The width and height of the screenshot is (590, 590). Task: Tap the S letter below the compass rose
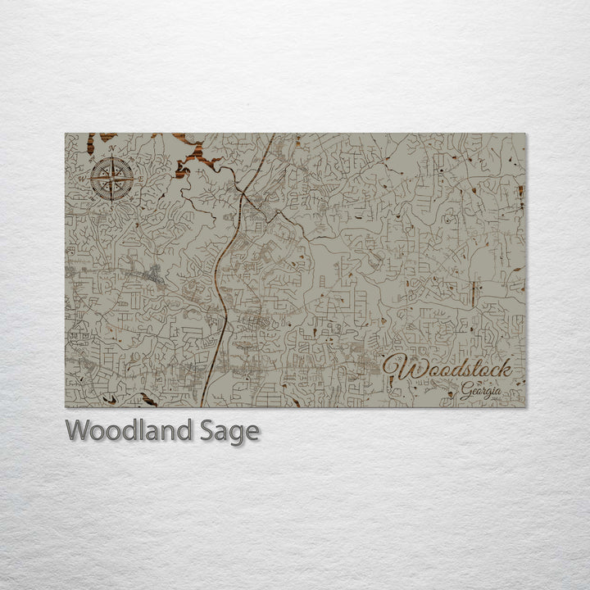coord(112,205)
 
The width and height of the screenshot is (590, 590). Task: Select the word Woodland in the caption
coord(128,430)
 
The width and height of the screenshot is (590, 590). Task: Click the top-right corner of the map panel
coord(526,134)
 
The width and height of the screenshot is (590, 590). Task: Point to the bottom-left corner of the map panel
coord(66,407)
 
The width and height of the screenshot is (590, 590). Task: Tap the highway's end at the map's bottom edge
coord(201,406)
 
